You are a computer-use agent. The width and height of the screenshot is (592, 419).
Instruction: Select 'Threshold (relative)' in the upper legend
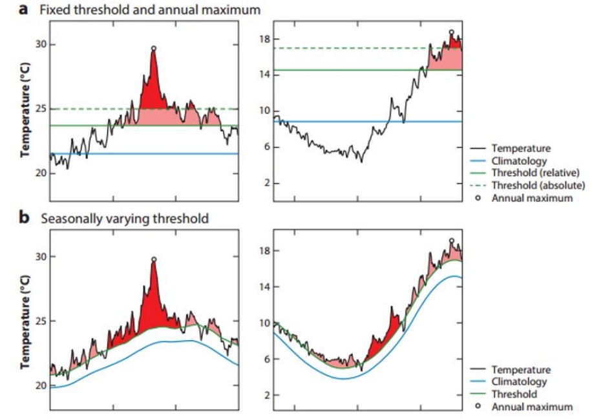coord(531,173)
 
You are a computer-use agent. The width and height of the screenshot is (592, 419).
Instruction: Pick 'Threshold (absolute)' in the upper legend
coord(532,186)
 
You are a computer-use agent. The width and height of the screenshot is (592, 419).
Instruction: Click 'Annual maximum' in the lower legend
coord(531,407)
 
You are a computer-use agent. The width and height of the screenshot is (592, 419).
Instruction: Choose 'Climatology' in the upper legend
coord(519,160)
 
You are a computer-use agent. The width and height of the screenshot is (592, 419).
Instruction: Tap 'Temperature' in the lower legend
coord(521,370)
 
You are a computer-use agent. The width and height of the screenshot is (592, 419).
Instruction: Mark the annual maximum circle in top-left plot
coord(153,48)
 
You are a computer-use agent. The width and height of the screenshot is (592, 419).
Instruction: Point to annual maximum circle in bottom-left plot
coord(153,259)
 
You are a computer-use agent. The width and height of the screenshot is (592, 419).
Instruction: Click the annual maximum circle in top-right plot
coord(451,32)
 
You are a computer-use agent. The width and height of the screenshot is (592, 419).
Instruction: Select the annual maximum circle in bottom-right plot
coord(451,241)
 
